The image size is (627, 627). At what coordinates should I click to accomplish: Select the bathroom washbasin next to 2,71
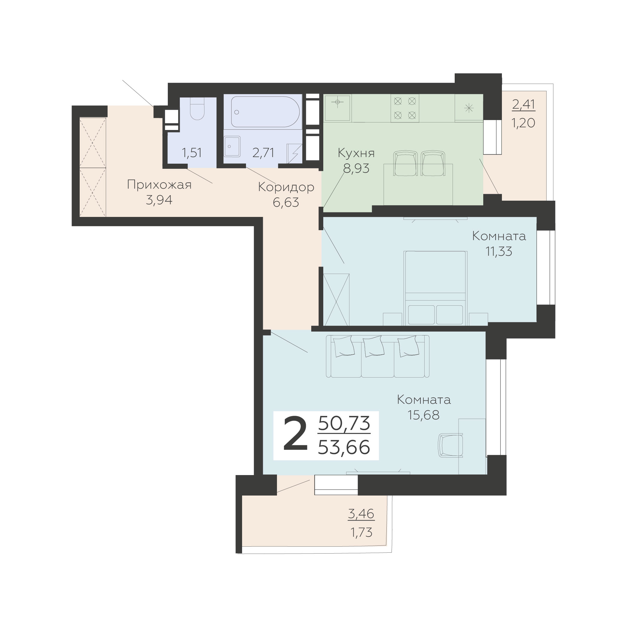coord(232,147)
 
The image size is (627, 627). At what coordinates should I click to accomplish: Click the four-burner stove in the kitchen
coord(405,108)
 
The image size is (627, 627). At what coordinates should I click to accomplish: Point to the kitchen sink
coord(337,108)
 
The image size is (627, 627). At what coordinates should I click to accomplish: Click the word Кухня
coord(356,153)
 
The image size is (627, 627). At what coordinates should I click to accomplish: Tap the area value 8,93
coord(356,168)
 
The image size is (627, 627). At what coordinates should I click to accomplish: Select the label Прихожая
coord(159,185)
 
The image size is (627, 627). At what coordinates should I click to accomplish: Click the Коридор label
coord(286,187)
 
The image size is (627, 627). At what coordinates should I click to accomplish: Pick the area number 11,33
coord(499,251)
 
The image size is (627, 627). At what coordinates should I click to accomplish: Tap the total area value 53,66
coord(344,447)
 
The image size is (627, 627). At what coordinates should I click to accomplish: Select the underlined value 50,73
coord(344,423)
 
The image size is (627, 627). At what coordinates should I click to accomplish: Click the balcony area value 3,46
coord(361,514)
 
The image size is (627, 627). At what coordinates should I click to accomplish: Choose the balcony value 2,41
coord(524,105)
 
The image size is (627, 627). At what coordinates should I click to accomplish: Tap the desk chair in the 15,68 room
coord(450,446)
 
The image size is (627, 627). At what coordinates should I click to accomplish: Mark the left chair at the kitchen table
coord(405,163)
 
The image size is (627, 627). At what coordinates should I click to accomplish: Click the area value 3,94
coord(159,200)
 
